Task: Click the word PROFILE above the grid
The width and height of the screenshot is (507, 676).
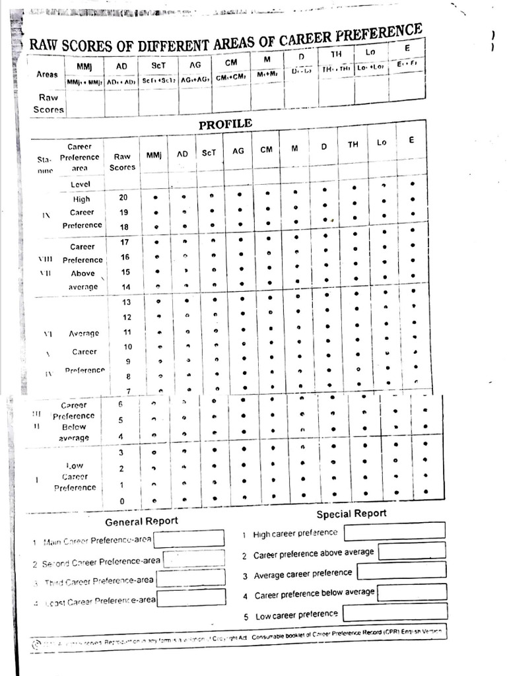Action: tap(225, 124)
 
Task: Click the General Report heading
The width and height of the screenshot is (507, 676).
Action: tap(141, 521)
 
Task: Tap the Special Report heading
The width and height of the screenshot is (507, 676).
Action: tap(351, 514)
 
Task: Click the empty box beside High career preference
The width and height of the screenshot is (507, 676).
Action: tap(394, 530)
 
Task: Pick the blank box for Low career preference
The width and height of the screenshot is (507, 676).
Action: tap(395, 612)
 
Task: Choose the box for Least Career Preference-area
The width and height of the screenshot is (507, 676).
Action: tap(191, 598)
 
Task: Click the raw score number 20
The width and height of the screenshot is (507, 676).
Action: tap(123, 197)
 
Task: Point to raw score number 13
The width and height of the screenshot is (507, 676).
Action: tap(127, 302)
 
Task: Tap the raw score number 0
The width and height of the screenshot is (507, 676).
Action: tap(122, 500)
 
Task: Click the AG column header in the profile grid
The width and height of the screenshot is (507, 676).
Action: tap(238, 151)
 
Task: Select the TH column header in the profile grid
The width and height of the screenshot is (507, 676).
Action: tap(353, 145)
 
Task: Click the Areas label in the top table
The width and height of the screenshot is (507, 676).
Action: tap(47, 75)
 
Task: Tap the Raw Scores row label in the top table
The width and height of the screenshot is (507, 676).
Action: tap(50, 103)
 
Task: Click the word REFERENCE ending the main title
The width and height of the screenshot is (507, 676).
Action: tap(385, 35)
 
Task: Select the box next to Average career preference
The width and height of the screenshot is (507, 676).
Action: tap(401, 570)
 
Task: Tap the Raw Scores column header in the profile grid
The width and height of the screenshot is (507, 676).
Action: tap(123, 162)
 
